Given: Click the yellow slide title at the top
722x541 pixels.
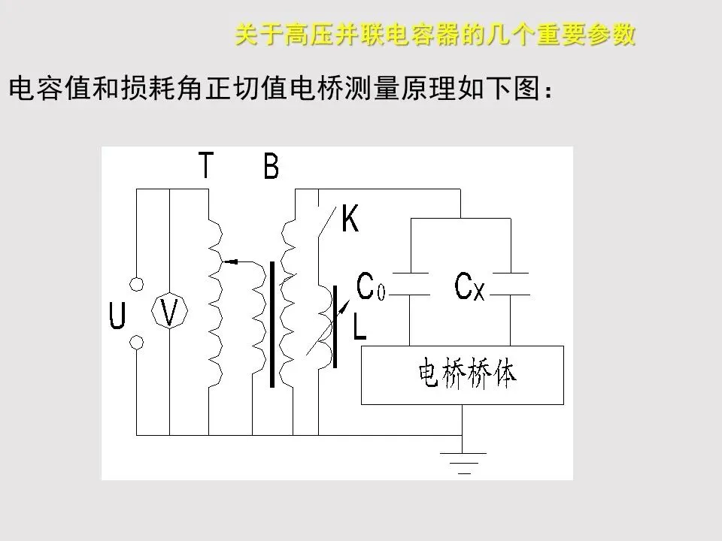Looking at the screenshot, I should click(x=435, y=35).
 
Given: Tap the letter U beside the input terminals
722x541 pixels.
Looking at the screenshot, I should click(x=117, y=315).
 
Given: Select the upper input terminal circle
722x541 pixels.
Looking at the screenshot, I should click(x=137, y=285).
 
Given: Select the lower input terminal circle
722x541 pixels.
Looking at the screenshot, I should click(x=137, y=343).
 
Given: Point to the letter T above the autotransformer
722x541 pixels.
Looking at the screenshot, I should click(x=205, y=165).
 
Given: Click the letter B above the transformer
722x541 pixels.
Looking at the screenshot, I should click(x=271, y=166).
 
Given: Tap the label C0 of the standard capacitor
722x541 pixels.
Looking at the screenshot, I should click(x=370, y=286).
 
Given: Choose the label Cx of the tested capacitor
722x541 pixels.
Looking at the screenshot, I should click(x=469, y=286).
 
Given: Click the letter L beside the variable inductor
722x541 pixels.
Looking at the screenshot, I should click(x=359, y=325).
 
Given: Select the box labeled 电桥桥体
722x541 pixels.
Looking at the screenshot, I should click(x=462, y=375).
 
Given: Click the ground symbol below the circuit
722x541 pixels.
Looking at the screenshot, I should click(x=462, y=462).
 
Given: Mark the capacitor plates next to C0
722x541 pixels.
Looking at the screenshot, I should click(x=410, y=284).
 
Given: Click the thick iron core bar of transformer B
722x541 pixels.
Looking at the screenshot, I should click(x=272, y=324).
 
